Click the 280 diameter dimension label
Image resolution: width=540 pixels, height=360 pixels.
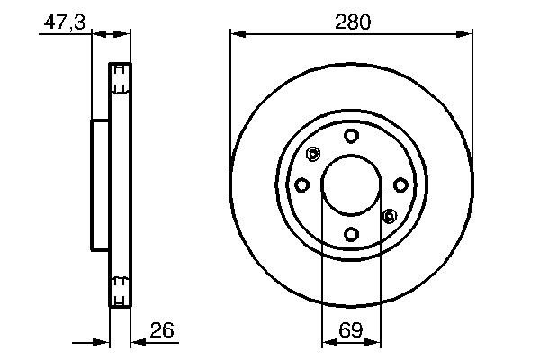click(x=352, y=22)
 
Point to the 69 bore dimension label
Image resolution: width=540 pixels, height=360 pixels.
click(x=352, y=331)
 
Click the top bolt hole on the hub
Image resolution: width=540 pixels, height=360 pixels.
click(x=351, y=136)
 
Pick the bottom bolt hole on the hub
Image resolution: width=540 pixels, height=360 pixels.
click(x=351, y=234)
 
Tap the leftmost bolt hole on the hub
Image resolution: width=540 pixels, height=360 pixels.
click(x=302, y=185)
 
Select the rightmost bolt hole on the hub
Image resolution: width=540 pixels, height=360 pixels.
click(x=400, y=185)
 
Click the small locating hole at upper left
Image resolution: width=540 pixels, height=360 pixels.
click(x=313, y=154)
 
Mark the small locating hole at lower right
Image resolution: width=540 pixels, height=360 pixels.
click(x=390, y=216)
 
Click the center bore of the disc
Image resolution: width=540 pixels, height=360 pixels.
click(x=351, y=184)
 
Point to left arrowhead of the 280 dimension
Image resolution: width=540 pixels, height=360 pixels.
click(x=237, y=34)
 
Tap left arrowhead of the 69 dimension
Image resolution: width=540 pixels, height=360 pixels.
click(x=327, y=342)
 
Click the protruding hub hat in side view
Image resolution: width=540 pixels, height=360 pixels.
click(x=99, y=184)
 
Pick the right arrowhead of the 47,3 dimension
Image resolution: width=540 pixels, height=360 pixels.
click(x=125, y=34)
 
